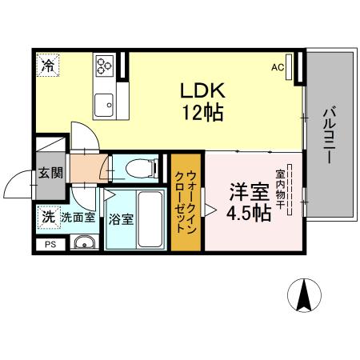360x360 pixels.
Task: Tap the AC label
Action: [x=278, y=67]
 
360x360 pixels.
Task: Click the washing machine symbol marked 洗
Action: [x=48, y=215]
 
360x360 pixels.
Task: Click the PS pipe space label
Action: [x=50, y=245]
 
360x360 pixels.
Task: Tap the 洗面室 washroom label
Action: [x=78, y=216]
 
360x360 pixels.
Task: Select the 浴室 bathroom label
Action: [x=121, y=218]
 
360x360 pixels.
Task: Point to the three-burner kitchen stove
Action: [x=105, y=65]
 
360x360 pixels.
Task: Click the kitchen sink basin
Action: [x=104, y=103]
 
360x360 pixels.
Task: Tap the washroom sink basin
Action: [x=82, y=242]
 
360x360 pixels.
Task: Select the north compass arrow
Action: [x=305, y=295]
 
